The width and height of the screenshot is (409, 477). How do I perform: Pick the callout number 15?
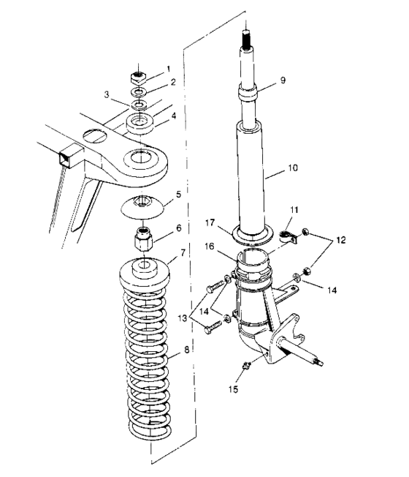(235, 390)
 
